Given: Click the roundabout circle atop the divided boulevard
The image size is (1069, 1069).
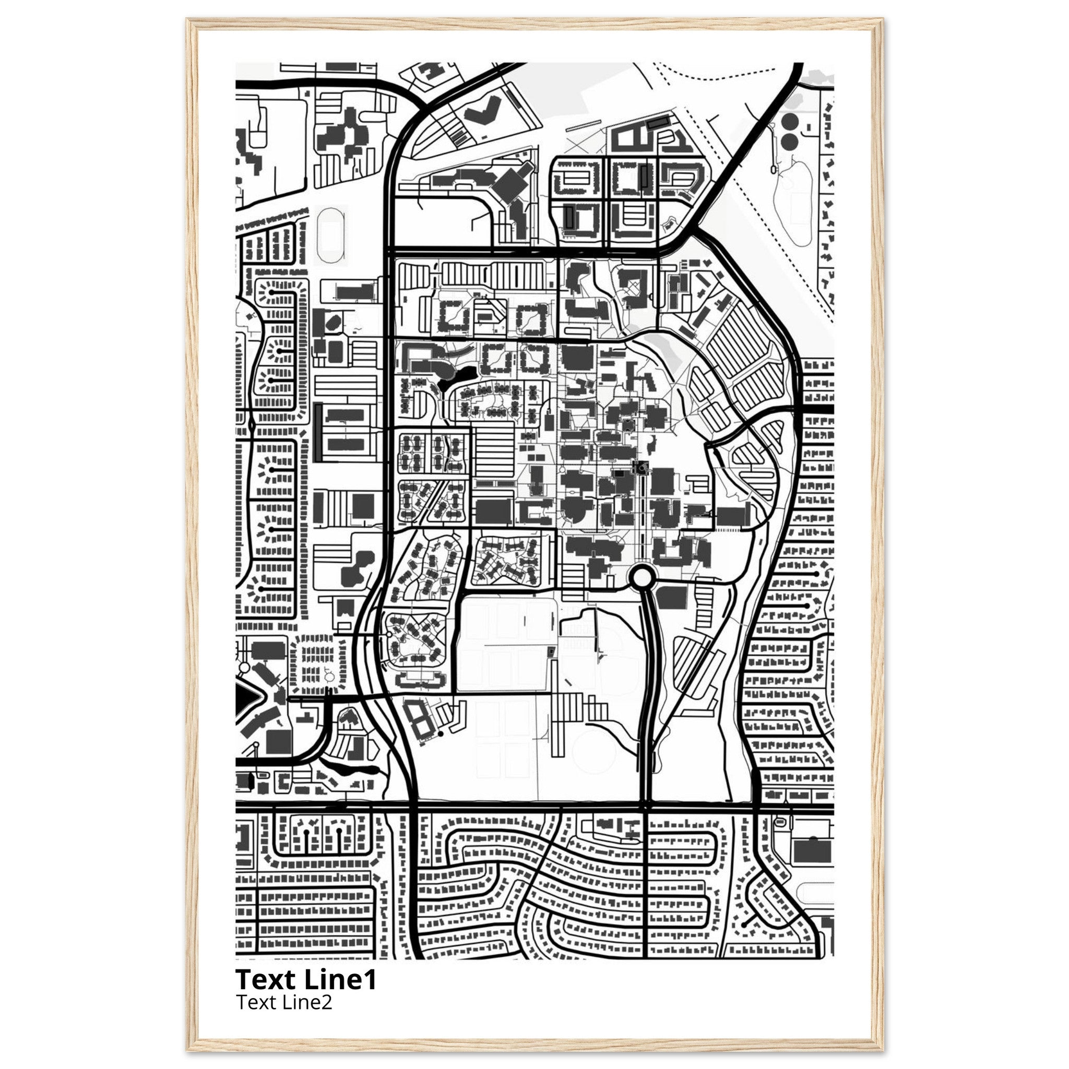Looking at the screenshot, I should point(643,578).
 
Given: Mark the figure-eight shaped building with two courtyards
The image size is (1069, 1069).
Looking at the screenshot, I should point(418,718).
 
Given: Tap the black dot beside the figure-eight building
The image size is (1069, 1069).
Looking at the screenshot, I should point(441,734).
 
